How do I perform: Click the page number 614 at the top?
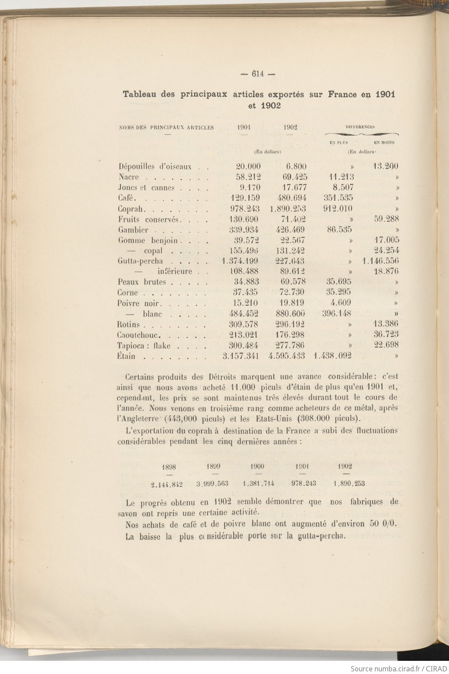(x=257, y=74)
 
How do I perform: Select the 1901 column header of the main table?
(x=244, y=128)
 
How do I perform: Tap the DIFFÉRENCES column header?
(x=360, y=127)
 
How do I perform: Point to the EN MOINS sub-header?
(x=384, y=143)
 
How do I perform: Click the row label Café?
(x=125, y=198)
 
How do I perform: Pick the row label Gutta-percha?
(x=140, y=261)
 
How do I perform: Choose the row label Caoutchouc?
(x=139, y=335)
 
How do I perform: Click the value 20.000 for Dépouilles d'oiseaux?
(x=248, y=167)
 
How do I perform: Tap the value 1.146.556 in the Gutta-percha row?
(x=380, y=261)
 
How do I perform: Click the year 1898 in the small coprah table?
(x=169, y=467)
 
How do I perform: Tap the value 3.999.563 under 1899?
(x=212, y=484)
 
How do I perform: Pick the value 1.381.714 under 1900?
(x=258, y=484)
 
